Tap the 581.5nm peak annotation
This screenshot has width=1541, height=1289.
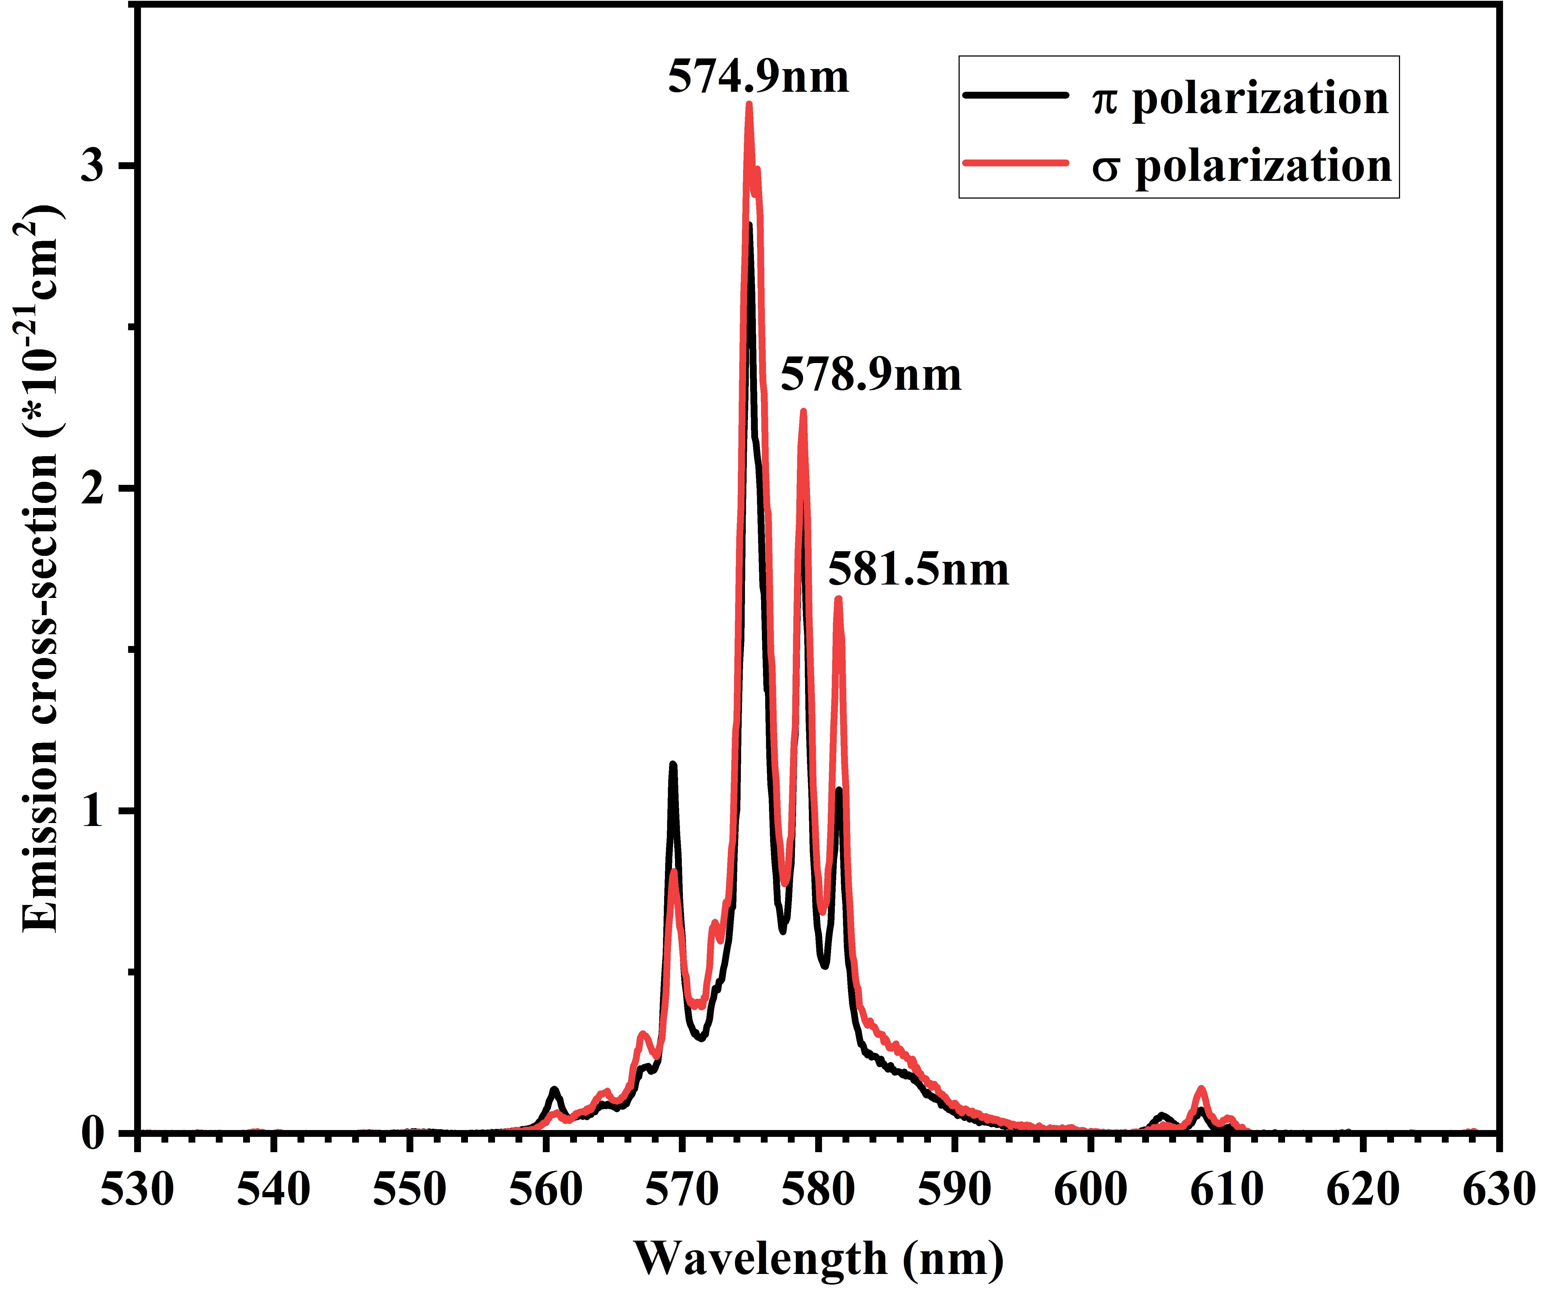click(x=919, y=569)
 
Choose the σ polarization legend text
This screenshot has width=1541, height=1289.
click(x=1242, y=166)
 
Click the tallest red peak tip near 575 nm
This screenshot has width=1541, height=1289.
click(x=749, y=104)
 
